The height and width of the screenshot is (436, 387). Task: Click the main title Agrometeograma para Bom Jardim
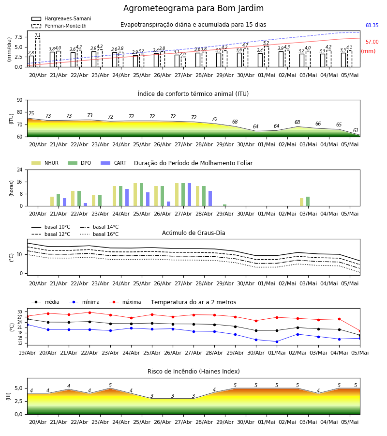tap(193, 8)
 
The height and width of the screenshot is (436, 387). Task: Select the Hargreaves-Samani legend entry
tap(61, 18)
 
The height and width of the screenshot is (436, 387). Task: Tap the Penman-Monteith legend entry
tap(59, 26)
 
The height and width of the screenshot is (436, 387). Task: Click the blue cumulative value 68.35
tap(372, 25)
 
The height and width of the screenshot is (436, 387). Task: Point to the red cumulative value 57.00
tap(372, 42)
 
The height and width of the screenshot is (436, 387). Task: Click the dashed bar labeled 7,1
tap(37, 52)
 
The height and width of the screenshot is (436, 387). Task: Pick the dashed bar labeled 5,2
tap(266, 57)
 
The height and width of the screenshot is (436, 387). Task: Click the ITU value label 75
tap(31, 113)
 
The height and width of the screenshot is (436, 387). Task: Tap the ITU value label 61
tap(356, 130)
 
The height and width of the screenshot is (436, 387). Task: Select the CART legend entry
tap(114, 163)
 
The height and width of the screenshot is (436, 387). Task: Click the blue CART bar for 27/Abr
tap(189, 195)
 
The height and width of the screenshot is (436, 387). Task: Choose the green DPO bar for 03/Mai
tap(308, 202)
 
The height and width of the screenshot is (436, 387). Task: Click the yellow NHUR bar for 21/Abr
tap(52, 202)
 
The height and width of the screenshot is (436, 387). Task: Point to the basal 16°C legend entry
tap(99, 234)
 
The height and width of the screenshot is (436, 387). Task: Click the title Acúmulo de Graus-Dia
tap(193, 233)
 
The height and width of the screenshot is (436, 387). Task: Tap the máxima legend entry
tap(125, 302)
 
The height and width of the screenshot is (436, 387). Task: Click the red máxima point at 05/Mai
tap(360, 331)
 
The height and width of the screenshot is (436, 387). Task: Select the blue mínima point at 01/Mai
tap(277, 342)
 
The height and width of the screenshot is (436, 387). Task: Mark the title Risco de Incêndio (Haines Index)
tap(193, 371)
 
